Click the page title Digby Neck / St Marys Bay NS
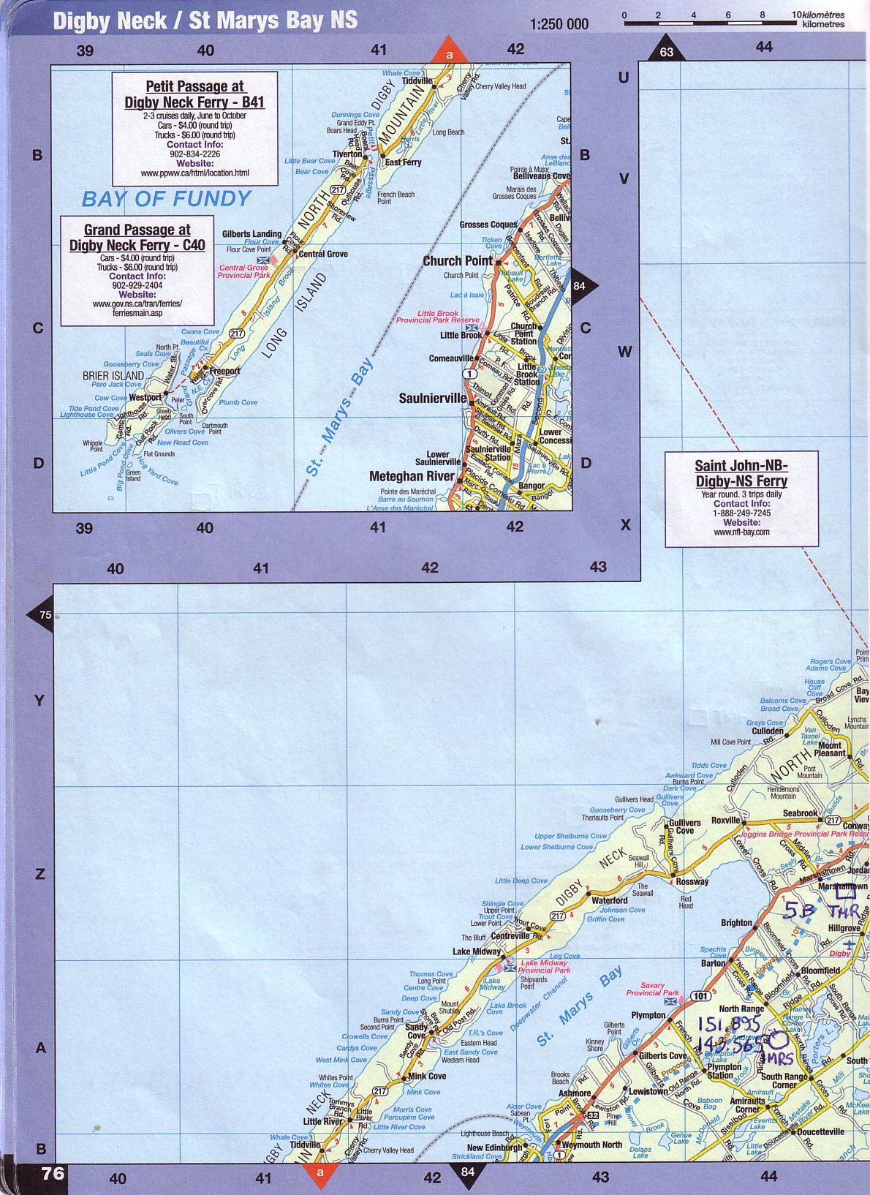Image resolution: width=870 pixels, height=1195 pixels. [205, 20]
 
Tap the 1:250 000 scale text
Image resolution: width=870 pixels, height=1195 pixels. [559, 24]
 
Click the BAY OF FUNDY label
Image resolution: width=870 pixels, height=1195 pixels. [166, 199]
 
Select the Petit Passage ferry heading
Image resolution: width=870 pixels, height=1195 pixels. [194, 94]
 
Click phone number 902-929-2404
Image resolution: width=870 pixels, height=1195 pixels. [137, 285]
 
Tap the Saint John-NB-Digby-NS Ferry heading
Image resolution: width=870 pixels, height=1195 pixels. [741, 473]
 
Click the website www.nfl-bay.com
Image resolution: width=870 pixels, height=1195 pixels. [741, 532]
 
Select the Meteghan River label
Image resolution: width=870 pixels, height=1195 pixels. [412, 476]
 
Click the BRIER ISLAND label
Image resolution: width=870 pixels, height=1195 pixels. [113, 376]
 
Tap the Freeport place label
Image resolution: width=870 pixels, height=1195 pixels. [224, 372]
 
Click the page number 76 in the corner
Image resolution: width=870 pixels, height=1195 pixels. [53, 1174]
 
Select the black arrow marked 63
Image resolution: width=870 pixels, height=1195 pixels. [666, 50]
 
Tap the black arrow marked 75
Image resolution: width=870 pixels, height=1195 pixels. [43, 614]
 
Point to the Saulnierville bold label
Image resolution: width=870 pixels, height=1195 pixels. [432, 399]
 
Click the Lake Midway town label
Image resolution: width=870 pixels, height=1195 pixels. [476, 951]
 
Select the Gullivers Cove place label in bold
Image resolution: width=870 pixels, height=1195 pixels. [684, 826]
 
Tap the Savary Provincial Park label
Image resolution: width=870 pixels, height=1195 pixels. [652, 989]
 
